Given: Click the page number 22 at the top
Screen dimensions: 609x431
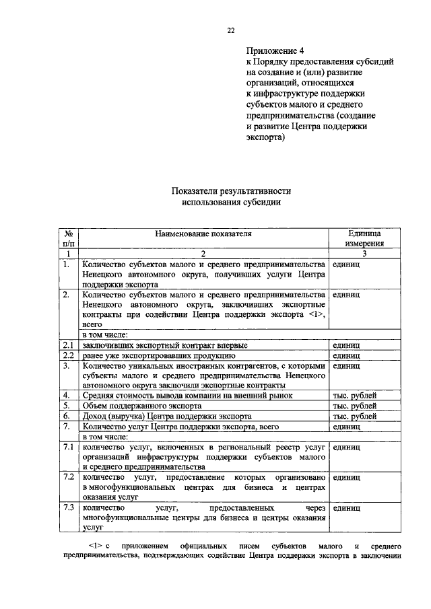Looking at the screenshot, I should point(231,30).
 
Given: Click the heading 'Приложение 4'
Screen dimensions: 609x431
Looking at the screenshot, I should point(275,50).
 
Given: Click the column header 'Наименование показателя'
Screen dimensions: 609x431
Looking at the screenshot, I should point(203,234).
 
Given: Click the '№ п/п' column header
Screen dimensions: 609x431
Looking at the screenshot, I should point(67,238).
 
